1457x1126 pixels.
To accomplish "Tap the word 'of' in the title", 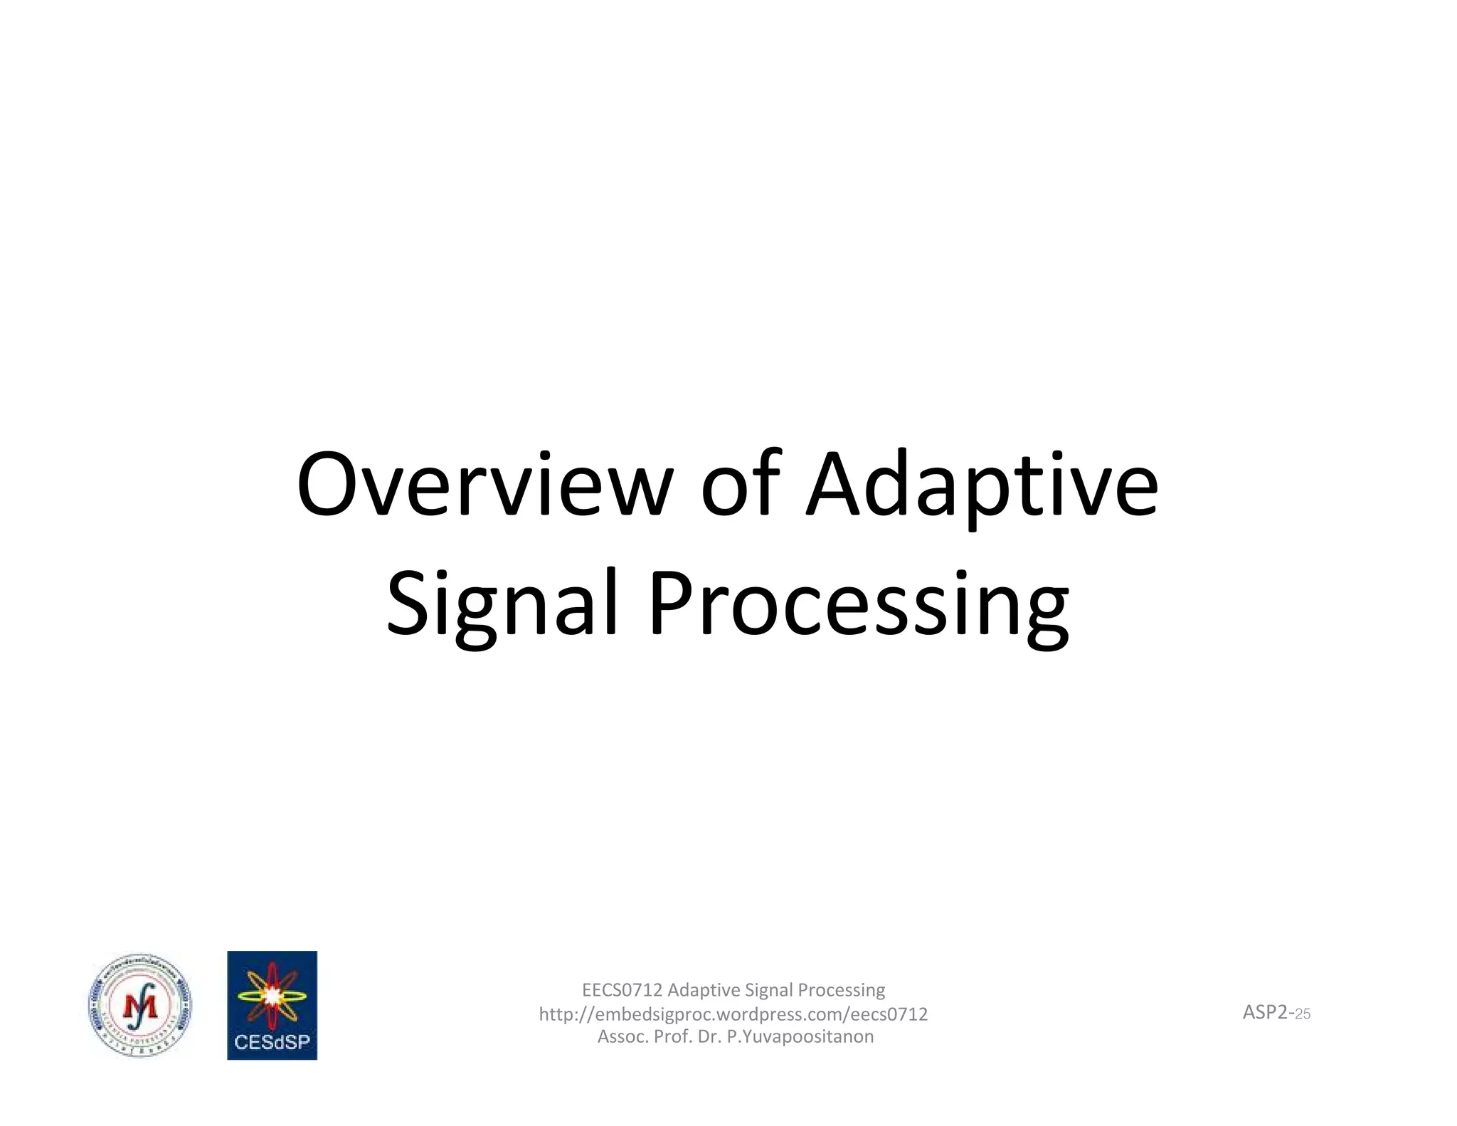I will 741,486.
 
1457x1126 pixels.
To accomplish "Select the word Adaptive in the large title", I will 982,486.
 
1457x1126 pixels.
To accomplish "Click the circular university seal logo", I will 140,1006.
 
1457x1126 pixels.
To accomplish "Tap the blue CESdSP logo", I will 272,1005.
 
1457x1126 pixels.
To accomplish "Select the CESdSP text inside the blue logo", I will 272,1042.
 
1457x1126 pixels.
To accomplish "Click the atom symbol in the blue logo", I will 272,995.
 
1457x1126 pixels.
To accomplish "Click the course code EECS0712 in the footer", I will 622,990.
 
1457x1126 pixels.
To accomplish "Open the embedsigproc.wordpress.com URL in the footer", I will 733,1014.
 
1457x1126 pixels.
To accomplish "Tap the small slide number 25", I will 1303,1014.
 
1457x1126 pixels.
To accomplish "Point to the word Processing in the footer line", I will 841,990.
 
